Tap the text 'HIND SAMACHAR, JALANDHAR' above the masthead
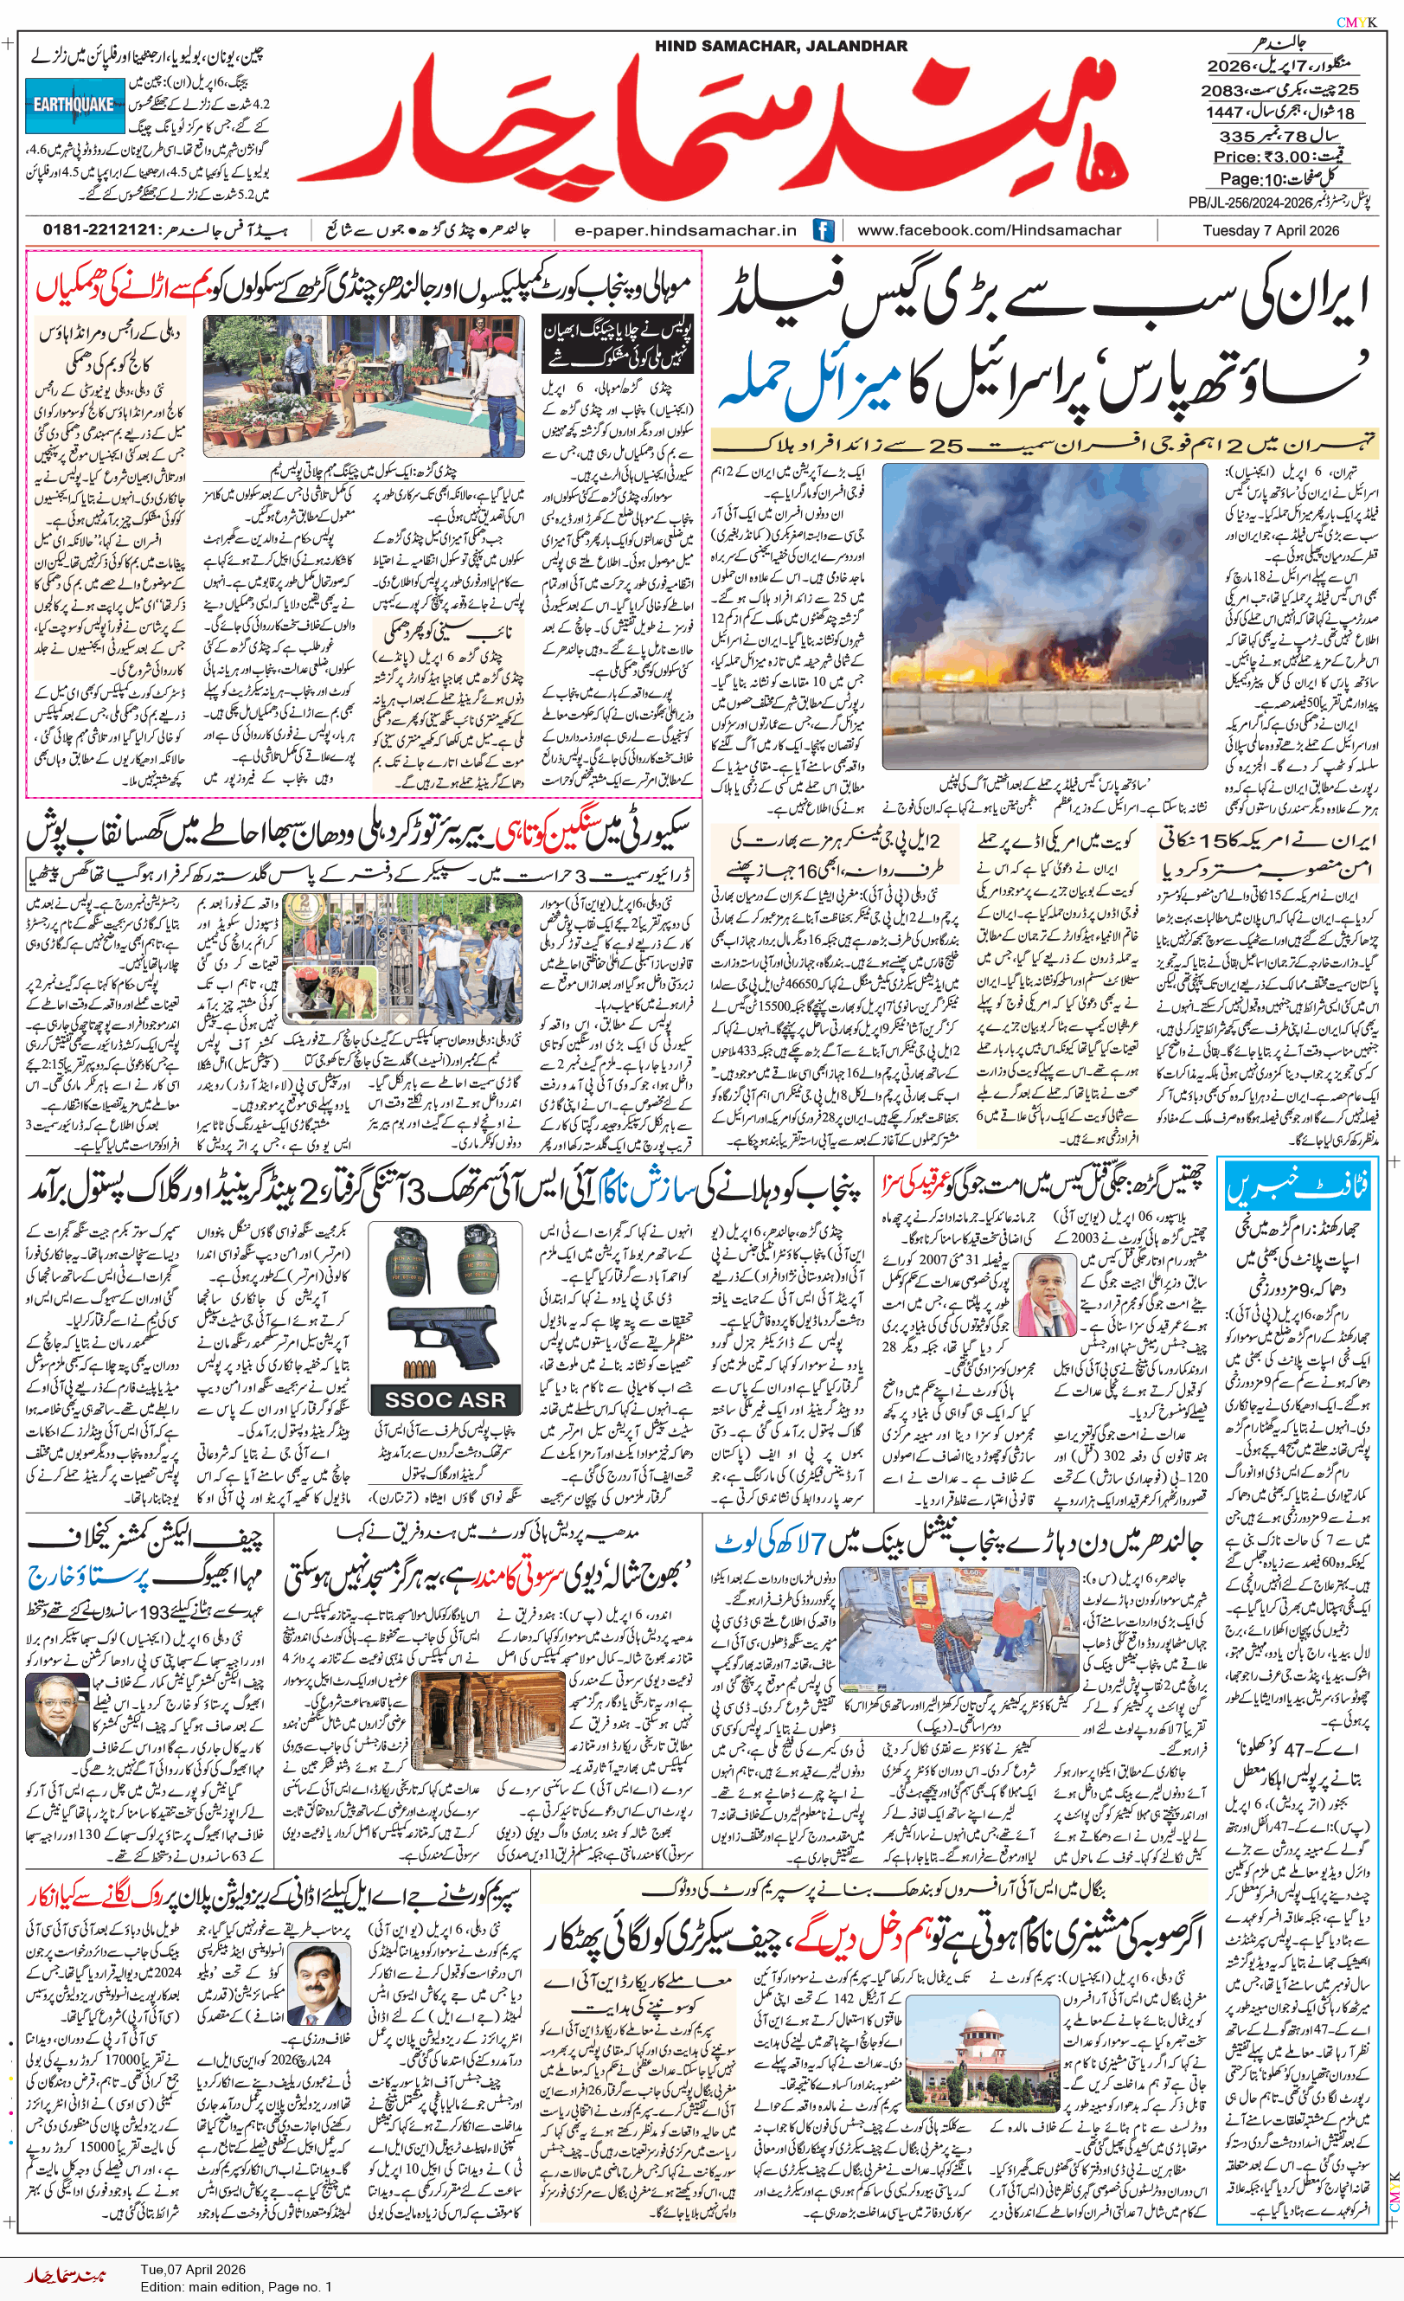pos(780,46)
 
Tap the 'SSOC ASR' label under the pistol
pos(445,1400)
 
